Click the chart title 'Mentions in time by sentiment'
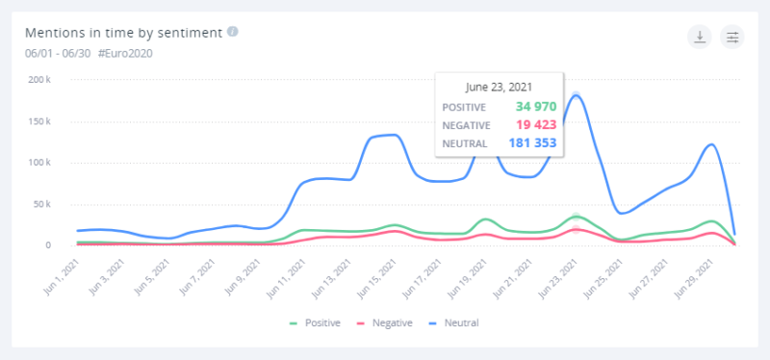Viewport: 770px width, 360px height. [x=125, y=32]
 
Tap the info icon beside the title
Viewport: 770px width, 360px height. [x=233, y=31]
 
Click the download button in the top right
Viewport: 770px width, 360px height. [x=699, y=37]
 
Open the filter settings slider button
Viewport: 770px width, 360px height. [x=732, y=37]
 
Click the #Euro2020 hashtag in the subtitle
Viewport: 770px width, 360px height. [x=125, y=53]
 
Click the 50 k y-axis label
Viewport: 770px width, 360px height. [x=38, y=204]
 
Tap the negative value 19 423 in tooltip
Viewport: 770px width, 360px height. [x=531, y=124]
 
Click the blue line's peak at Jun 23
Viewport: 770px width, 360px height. [x=577, y=94]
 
